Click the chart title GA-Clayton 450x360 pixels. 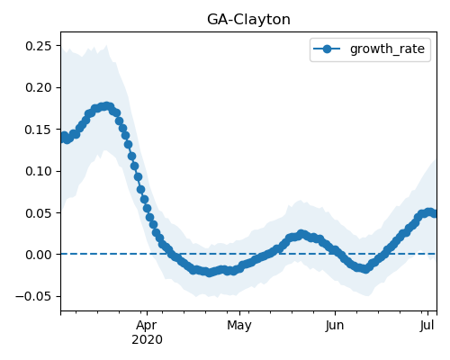click(248, 20)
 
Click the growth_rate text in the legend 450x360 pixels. click(387, 49)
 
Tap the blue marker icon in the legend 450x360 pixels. click(327, 49)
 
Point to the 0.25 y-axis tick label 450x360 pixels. click(38, 46)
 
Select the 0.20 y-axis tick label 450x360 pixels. click(38, 87)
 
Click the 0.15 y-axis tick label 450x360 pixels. click(38, 130)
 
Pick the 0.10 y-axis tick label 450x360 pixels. click(38, 171)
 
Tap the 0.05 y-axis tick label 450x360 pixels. click(38, 213)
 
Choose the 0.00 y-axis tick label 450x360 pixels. click(38, 255)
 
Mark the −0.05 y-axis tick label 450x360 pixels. click(33, 296)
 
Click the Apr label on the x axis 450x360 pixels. click(147, 326)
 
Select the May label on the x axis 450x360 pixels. click(239, 326)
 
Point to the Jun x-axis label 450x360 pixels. click(335, 326)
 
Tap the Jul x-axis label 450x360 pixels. click(427, 326)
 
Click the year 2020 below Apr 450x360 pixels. click(147, 339)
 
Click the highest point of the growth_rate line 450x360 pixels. click(106, 106)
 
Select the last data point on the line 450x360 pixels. click(434, 213)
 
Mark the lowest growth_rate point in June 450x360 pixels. click(365, 269)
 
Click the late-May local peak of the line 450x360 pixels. click(301, 234)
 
